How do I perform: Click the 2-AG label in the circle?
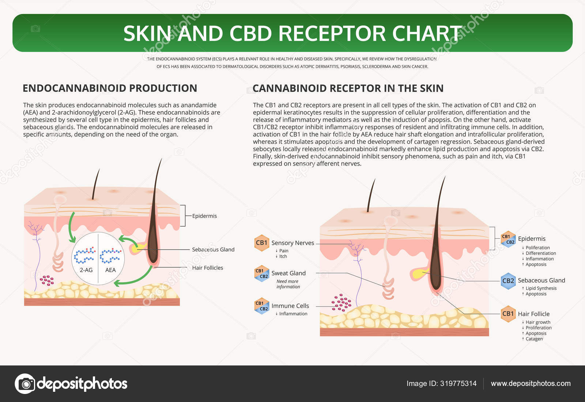pos(86,270)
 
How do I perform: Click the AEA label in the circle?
pos(110,270)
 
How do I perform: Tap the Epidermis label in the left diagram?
pos(204,216)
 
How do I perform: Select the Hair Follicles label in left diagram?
pos(207,268)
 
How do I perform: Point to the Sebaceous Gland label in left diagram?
pos(213,250)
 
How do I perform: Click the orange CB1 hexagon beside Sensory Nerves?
pos(261,243)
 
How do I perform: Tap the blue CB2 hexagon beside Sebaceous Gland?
pos(508,281)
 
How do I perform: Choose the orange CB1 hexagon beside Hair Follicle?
pos(508,314)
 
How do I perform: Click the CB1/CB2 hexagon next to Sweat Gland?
pos(261,273)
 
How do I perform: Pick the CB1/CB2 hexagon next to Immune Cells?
pos(261,306)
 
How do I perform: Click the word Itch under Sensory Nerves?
pos(283,257)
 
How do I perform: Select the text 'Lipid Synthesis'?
pos(541,288)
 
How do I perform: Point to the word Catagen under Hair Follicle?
pos(534,339)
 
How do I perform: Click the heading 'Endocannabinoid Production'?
pos(110,88)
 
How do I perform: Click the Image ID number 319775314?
pos(458,383)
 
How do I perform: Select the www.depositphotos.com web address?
pos(531,383)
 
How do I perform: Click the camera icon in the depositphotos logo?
pos(25,384)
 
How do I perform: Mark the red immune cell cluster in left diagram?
pos(47,280)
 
